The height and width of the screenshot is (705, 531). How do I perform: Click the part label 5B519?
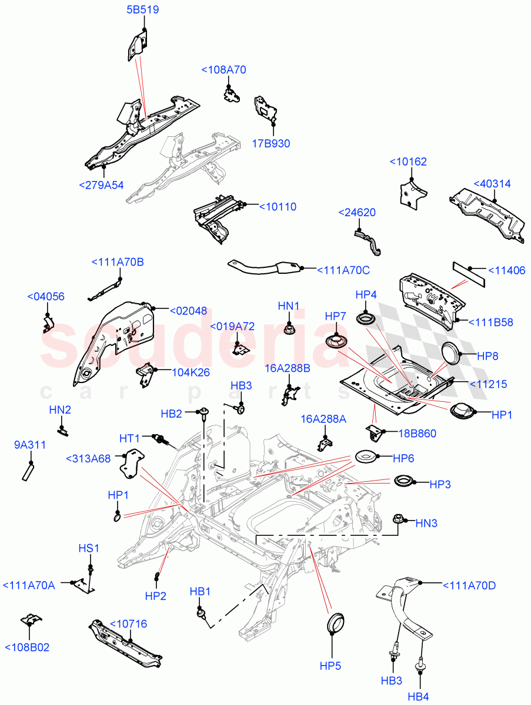coord(142,10)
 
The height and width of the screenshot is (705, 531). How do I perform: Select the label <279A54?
coord(101,185)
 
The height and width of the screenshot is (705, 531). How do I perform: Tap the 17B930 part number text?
coord(271,143)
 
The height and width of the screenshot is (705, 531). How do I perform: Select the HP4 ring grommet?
coord(366,319)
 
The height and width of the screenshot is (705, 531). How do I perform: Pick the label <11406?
coord(507,271)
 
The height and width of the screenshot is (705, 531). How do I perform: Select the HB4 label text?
coord(418,697)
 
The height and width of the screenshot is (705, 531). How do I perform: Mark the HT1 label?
coord(130,438)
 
